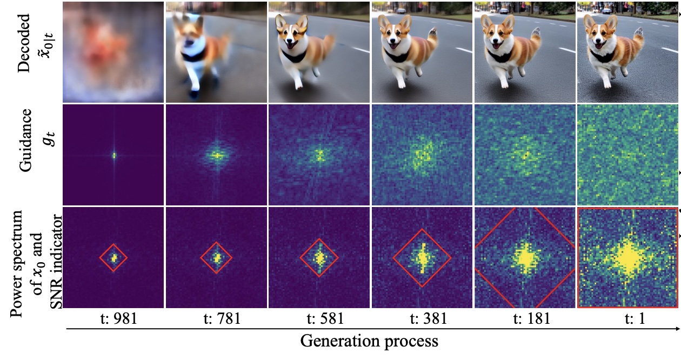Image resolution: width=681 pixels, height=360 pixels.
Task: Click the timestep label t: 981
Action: pos(113,319)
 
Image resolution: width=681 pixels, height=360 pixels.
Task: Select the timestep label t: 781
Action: pos(217,319)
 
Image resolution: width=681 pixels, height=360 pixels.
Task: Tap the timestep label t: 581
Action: pos(319,319)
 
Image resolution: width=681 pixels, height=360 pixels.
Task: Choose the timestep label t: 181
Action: pos(525,319)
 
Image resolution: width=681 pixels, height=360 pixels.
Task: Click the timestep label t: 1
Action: pos(629,319)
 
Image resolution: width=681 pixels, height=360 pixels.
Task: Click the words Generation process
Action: pos(369,341)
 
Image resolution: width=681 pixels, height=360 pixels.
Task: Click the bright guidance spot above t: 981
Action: pos(114,155)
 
